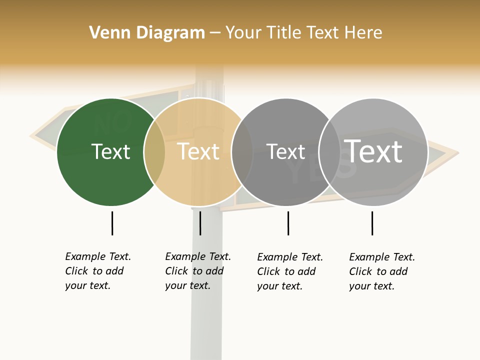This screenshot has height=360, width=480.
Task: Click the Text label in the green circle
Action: (x=110, y=151)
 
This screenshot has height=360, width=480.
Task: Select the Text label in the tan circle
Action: (x=198, y=151)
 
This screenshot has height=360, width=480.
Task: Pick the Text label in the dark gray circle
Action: (x=286, y=151)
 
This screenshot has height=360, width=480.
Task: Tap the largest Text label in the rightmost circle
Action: (x=373, y=151)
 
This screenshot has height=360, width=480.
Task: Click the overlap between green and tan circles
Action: (x=154, y=152)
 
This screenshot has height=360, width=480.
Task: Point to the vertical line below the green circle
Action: (x=112, y=223)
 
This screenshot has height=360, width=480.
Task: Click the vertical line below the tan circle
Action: (x=200, y=223)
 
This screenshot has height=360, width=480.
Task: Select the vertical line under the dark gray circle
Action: (x=288, y=223)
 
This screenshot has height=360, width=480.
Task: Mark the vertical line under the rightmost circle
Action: (x=372, y=223)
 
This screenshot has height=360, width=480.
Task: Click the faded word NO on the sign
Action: (x=113, y=121)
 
